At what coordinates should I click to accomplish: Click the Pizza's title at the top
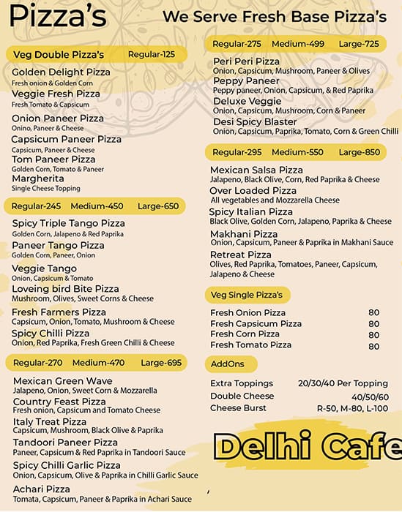click(58, 15)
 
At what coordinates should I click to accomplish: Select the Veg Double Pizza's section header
click(59, 55)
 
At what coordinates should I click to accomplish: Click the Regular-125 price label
click(152, 55)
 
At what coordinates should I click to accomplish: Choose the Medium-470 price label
click(98, 363)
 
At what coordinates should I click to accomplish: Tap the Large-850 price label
click(360, 152)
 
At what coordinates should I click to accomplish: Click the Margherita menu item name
click(38, 178)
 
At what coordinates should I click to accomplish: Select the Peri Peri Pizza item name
click(246, 61)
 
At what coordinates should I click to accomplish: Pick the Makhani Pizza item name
click(244, 234)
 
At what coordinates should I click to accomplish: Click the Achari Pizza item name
click(42, 489)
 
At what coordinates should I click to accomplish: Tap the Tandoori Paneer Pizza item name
click(65, 443)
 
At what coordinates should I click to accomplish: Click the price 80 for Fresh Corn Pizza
click(373, 334)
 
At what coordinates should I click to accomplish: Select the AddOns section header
click(228, 364)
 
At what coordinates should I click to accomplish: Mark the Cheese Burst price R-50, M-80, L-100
click(352, 408)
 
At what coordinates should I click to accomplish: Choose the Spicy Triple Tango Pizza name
click(68, 223)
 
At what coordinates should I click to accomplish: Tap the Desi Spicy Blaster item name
click(255, 121)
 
